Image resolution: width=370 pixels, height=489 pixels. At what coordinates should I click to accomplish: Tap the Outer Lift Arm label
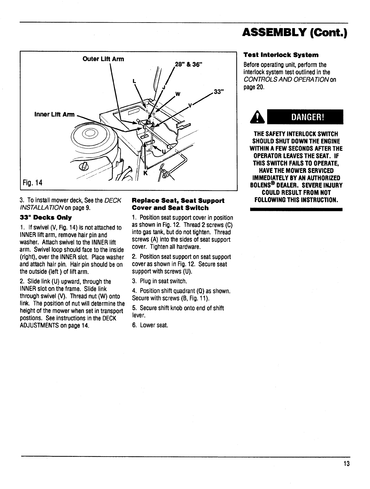(103, 59)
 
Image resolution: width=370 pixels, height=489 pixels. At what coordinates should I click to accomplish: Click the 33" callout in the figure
(218, 92)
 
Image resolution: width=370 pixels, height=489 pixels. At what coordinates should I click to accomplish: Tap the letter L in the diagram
(134, 81)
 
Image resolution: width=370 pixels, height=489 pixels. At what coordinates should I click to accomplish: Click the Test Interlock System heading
(281, 55)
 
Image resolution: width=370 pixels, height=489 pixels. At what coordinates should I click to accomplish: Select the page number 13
(346, 464)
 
